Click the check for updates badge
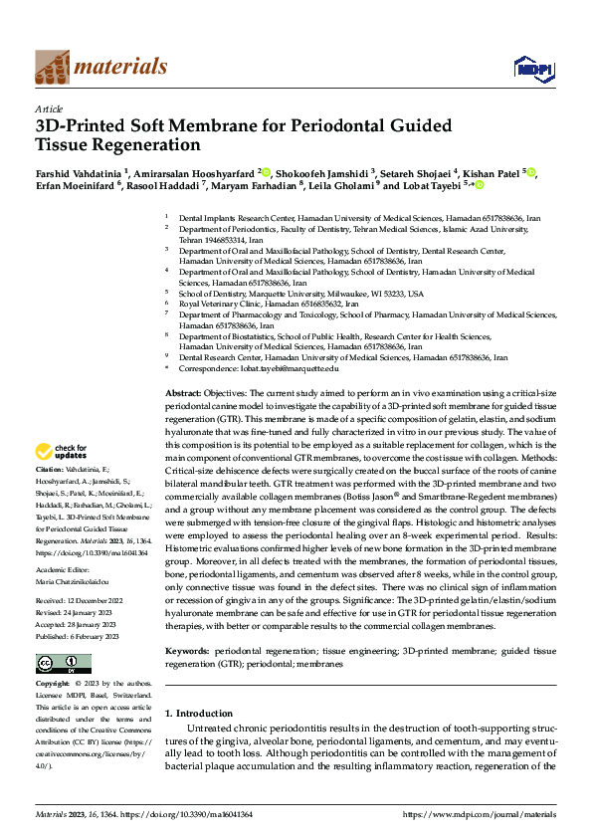61,451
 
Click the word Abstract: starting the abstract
181,394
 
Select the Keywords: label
187,650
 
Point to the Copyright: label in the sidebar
53,685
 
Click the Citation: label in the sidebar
50,469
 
